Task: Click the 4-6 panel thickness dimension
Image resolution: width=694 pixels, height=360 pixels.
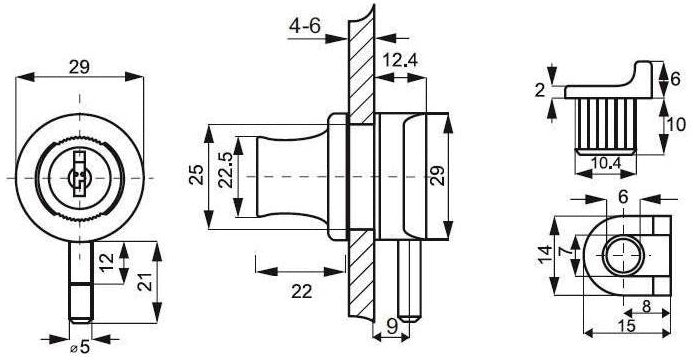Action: click(304, 26)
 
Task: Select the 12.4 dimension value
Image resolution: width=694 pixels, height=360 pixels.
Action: click(400, 60)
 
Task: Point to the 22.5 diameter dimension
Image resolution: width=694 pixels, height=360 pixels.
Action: click(225, 170)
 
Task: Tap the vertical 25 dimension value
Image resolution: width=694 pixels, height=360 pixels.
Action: click(197, 174)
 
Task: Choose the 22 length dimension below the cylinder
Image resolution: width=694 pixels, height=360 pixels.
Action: click(302, 291)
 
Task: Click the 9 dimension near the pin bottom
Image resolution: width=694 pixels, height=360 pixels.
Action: click(392, 327)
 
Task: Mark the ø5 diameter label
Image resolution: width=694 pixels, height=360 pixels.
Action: click(80, 347)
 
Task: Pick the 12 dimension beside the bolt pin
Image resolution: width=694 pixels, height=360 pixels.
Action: click(107, 263)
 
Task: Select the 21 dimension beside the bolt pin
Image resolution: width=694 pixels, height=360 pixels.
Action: click(145, 281)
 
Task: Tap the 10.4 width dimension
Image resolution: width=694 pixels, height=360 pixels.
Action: click(606, 163)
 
